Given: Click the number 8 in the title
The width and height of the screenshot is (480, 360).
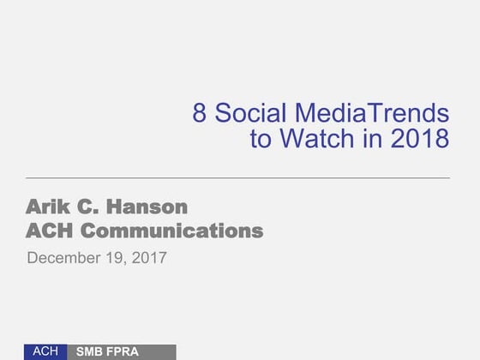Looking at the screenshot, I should (200, 113).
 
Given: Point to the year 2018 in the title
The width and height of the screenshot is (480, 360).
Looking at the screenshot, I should (420, 139).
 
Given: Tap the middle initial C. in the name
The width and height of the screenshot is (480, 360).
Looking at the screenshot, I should (93, 207).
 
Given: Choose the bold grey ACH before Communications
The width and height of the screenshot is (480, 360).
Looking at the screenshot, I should (54, 231).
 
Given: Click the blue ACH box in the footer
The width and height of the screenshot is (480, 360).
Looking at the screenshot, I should (45, 351).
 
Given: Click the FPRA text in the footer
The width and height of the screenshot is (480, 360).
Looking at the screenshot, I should (122, 352).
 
